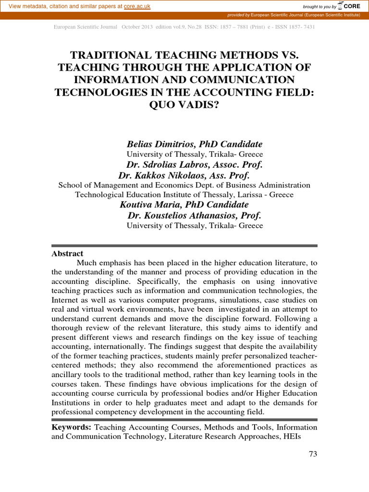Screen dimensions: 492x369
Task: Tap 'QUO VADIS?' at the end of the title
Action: click(184, 104)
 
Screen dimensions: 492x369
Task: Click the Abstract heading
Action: click(67, 254)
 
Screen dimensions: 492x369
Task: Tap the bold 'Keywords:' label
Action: click(71, 427)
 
